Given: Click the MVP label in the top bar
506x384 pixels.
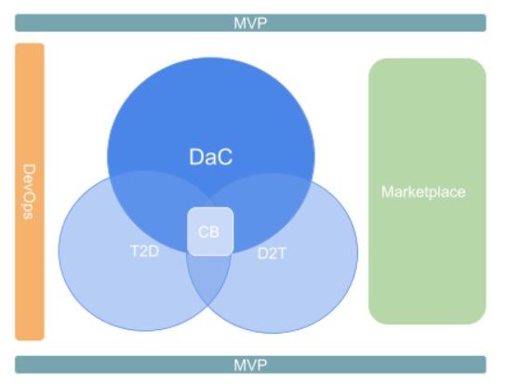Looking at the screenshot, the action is [250, 23].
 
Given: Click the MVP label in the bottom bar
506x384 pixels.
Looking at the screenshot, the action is [250, 365].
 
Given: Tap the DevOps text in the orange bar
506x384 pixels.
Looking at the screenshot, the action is [29, 192].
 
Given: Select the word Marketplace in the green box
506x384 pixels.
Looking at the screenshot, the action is [423, 192].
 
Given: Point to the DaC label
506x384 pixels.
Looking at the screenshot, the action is [211, 157].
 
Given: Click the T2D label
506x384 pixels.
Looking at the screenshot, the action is [144, 251].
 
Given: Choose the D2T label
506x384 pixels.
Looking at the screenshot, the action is [272, 254].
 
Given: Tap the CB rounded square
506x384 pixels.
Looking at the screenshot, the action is [210, 232].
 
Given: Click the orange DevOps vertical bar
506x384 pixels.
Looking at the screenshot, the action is [30, 192].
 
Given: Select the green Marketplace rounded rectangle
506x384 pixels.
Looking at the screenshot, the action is [427, 192].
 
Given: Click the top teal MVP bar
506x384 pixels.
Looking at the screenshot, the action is [250, 23].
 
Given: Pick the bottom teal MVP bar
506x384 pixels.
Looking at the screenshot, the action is [250, 364].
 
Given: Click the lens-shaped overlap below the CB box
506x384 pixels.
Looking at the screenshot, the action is [208, 278].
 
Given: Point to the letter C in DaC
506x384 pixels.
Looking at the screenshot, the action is [224, 157].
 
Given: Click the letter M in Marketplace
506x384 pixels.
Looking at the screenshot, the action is [388, 192].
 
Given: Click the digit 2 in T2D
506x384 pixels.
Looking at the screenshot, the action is [144, 251].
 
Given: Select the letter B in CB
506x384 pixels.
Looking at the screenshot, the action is [215, 232].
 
